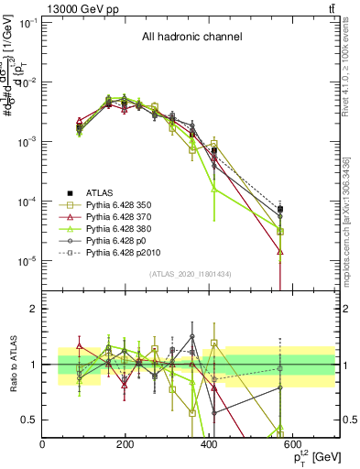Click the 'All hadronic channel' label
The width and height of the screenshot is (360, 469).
191,37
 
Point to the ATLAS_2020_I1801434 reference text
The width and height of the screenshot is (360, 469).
191,274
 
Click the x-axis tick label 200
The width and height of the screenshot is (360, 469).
125,443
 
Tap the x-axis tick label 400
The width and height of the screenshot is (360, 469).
209,443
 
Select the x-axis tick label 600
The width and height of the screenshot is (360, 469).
292,443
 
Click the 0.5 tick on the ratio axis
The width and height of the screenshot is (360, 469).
28,420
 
